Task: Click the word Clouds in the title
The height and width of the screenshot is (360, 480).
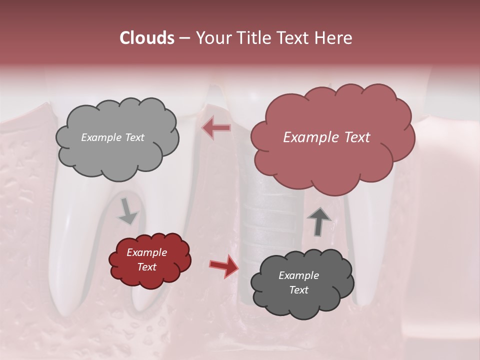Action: coord(147,38)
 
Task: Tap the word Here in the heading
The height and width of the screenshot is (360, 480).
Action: coord(334,38)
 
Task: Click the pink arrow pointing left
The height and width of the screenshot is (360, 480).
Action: coord(216,128)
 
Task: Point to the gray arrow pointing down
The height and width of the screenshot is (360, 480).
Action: coord(127,212)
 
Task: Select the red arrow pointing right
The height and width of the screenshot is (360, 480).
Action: coord(224,265)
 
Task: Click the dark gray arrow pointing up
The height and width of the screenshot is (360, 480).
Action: coord(319,221)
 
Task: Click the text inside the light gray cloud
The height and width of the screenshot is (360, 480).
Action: coord(112,137)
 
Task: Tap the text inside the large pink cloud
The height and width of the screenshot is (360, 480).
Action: coord(326,137)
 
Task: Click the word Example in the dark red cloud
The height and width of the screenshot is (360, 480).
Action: coord(146,252)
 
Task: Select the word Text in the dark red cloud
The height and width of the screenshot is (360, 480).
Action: coord(146,267)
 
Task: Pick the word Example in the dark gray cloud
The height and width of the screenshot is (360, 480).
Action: coord(298,275)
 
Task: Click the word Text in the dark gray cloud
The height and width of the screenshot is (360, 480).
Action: coord(298,290)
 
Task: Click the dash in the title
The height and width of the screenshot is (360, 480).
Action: coord(184,38)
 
